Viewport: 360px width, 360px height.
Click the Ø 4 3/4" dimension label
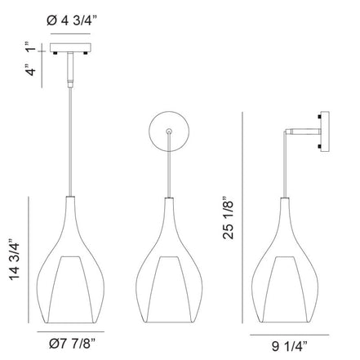coord(72,20)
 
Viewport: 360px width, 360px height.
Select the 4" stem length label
coord(30,70)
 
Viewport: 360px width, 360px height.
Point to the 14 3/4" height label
coord(15,260)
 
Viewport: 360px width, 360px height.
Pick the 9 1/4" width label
coord(289,346)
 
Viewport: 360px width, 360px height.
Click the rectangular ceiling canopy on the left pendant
coord(70,47)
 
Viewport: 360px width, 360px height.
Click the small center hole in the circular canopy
coord(169,131)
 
